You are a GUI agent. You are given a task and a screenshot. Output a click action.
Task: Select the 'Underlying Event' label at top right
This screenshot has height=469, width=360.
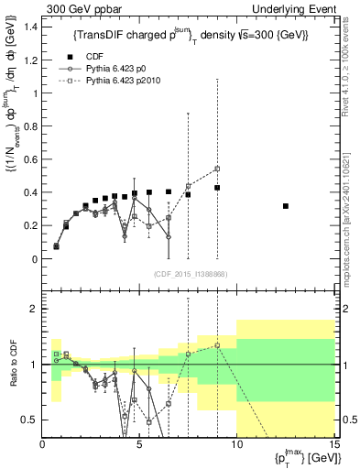297,8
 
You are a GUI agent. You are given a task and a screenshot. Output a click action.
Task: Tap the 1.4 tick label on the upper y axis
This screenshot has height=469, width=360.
30,27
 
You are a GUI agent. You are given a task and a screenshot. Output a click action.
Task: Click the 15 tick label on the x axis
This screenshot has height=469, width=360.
333,445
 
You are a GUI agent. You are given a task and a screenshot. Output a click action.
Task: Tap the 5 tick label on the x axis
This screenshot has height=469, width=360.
139,445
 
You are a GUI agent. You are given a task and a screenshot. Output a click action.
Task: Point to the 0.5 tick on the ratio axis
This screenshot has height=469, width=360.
29,420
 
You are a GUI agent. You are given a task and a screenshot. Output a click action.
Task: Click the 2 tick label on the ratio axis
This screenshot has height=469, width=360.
34,309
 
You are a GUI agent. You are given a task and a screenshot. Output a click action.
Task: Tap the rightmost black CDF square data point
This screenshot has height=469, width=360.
286,206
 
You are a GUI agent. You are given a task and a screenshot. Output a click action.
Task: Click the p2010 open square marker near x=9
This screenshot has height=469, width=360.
217,169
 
